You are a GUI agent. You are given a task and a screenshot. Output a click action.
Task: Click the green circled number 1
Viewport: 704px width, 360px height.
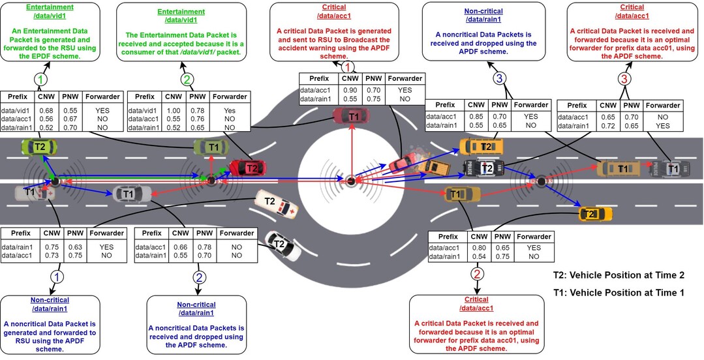(40, 79)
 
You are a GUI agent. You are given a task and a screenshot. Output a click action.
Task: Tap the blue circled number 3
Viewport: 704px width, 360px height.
(499, 79)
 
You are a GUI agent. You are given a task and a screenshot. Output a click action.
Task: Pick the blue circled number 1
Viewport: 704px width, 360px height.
(59, 277)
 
